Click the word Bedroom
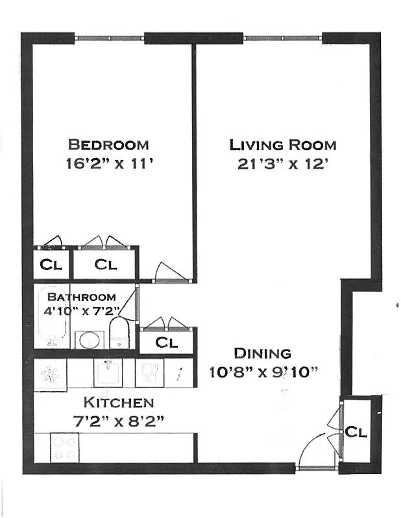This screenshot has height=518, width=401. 108,144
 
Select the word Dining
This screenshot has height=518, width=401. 262,354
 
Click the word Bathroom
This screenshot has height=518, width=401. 82,297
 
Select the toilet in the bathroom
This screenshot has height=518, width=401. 119,332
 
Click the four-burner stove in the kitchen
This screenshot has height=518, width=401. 64,447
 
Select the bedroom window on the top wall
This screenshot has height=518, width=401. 108,39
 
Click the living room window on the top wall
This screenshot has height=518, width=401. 282,39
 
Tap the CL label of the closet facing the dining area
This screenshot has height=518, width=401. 166,343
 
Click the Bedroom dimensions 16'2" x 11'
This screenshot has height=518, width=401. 108,164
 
